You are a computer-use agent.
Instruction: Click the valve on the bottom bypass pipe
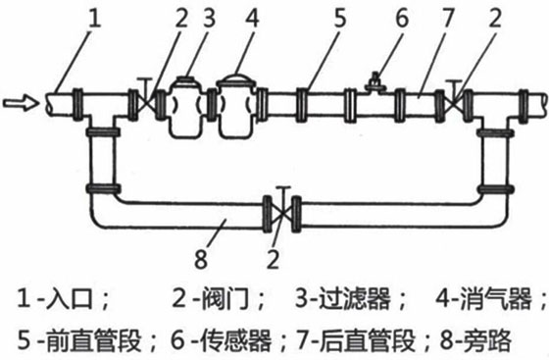281,209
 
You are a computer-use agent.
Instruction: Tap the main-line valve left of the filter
145,100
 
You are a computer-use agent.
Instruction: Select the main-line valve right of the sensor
454,100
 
